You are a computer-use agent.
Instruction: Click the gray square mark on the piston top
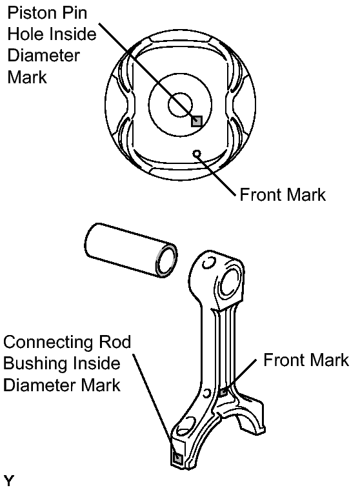click(197, 121)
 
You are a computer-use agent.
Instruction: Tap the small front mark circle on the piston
click(197, 154)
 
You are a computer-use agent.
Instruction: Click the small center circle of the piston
click(180, 105)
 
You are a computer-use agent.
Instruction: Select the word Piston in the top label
click(28, 13)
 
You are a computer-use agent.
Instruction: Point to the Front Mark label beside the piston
click(283, 195)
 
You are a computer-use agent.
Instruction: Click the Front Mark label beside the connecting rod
click(306, 360)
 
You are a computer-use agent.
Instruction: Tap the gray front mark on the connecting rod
click(223, 392)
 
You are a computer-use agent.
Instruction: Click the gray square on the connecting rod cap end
click(177, 459)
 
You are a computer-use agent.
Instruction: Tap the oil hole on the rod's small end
click(208, 263)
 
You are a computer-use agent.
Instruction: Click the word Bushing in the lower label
click(35, 364)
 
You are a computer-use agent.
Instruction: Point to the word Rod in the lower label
click(115, 342)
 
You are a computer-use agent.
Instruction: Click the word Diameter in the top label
click(43, 56)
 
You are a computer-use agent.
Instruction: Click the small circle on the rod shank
click(207, 393)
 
